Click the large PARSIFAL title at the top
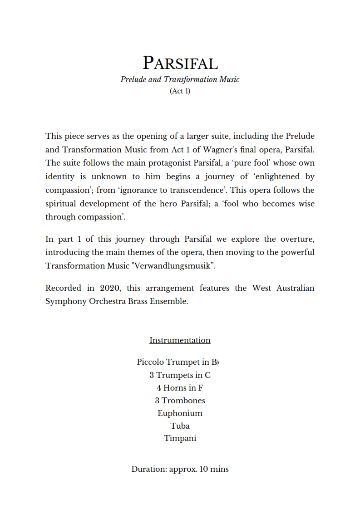click(180, 63)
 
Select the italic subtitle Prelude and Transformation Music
click(180, 79)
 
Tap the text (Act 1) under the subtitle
click(180, 91)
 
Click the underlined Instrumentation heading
click(180, 340)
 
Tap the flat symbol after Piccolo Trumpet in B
click(217, 362)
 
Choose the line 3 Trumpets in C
click(180, 375)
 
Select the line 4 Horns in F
click(180, 388)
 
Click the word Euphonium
click(180, 413)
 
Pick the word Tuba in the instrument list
click(180, 426)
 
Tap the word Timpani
click(180, 439)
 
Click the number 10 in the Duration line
click(203, 469)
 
